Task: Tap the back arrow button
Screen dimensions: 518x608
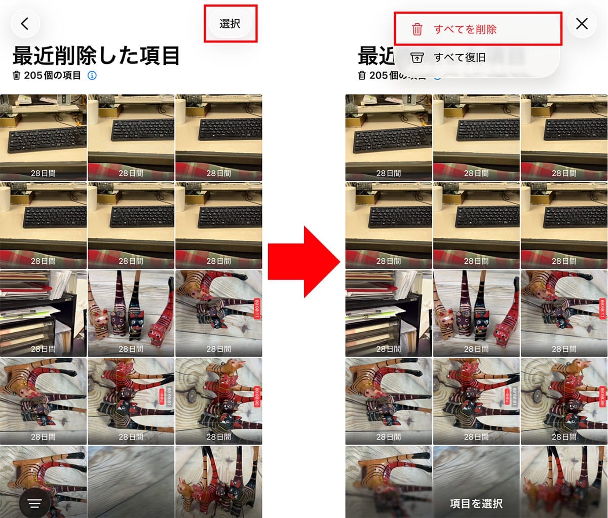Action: (x=25, y=24)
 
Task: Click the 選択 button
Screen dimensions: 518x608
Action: (x=230, y=24)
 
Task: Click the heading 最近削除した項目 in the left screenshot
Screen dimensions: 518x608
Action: (x=96, y=56)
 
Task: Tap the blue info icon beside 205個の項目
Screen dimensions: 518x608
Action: (x=92, y=75)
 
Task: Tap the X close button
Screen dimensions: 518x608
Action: (x=582, y=24)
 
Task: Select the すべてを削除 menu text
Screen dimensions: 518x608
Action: (x=465, y=29)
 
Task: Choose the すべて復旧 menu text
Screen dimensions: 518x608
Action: (x=460, y=58)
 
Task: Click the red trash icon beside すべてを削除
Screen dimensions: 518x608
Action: (x=417, y=29)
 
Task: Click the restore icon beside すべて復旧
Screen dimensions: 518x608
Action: (x=417, y=58)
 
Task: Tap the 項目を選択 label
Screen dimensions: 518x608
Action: (x=476, y=503)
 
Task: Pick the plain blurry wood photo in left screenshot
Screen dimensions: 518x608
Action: (x=131, y=481)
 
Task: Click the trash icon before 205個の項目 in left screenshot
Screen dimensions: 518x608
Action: (x=17, y=75)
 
